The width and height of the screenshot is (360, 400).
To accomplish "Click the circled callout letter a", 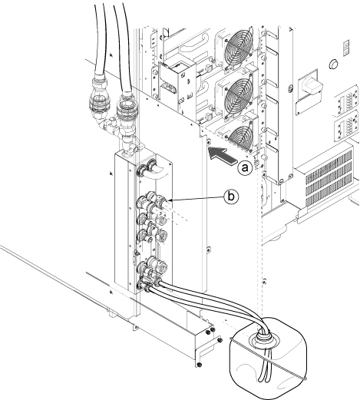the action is (245, 168).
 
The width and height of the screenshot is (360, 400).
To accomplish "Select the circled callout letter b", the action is (231, 197).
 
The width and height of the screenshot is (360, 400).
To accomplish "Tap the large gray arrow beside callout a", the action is (221, 155).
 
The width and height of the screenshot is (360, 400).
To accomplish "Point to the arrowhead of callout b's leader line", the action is (171, 200).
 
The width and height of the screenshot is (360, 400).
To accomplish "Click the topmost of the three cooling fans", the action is (238, 50).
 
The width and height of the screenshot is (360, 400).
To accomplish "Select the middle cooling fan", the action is (239, 98).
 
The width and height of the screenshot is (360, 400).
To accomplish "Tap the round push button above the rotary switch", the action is (333, 64).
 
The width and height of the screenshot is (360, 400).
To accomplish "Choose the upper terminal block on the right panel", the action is (346, 99).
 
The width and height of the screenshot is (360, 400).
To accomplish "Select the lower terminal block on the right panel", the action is (346, 127).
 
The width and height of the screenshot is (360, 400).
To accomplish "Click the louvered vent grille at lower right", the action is (329, 178).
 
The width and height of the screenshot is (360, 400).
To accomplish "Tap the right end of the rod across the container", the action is (305, 379).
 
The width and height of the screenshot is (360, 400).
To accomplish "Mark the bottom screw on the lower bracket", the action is (200, 364).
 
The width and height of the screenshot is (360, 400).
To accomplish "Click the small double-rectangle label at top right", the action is (345, 48).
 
